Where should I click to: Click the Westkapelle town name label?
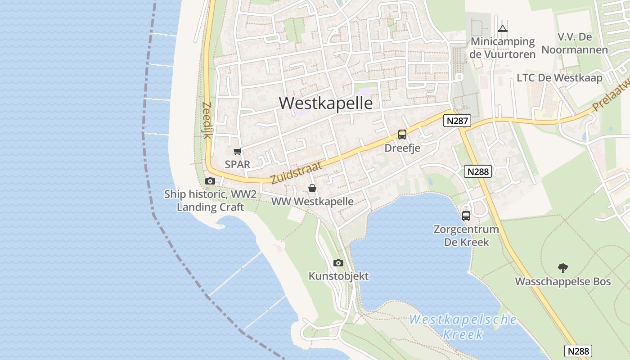click(x=326, y=103)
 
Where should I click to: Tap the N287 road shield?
click(x=457, y=121)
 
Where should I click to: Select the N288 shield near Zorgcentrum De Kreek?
click(x=478, y=171)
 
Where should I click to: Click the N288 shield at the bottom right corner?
click(x=578, y=351)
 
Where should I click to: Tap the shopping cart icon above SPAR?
click(x=237, y=151)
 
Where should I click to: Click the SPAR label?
click(x=237, y=164)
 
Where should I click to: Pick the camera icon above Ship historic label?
click(x=210, y=181)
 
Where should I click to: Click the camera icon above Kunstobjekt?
click(x=338, y=263)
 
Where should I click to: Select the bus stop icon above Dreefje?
click(x=402, y=134)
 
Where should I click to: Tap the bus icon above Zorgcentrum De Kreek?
click(x=466, y=216)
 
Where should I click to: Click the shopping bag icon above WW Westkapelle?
click(x=312, y=188)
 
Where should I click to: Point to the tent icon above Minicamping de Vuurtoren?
click(x=502, y=29)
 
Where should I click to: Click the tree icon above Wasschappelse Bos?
click(x=562, y=268)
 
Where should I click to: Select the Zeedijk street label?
click(x=207, y=120)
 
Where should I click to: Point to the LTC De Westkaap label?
click(x=559, y=77)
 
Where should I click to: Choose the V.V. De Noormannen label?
click(x=575, y=43)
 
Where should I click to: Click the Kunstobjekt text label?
click(x=338, y=276)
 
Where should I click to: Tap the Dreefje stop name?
click(x=402, y=148)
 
